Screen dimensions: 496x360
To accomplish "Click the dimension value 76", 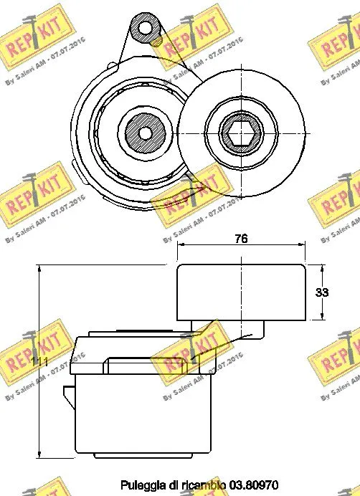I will (x=241, y=239).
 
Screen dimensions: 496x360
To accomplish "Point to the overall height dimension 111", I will (x=40, y=363).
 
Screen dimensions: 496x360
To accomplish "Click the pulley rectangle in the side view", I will (x=242, y=292).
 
